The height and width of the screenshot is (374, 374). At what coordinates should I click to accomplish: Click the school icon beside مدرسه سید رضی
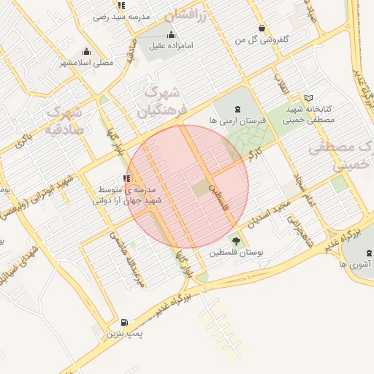click(x=99, y=15)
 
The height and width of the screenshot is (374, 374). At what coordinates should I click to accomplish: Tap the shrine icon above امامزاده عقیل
click(x=172, y=34)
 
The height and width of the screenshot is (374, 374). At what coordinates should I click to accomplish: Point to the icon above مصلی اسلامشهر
click(x=87, y=51)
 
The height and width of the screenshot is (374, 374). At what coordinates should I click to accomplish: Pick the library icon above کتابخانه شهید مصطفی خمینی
click(x=308, y=98)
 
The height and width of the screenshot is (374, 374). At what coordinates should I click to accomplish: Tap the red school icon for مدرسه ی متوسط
click(x=128, y=178)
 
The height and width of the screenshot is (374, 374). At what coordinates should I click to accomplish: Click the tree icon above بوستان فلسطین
click(x=235, y=240)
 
